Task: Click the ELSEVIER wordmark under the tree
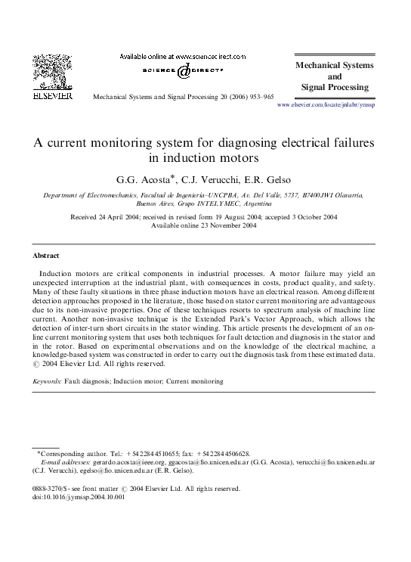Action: (x=51, y=97)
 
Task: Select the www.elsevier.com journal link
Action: (x=326, y=104)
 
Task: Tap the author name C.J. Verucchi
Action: (x=219, y=179)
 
